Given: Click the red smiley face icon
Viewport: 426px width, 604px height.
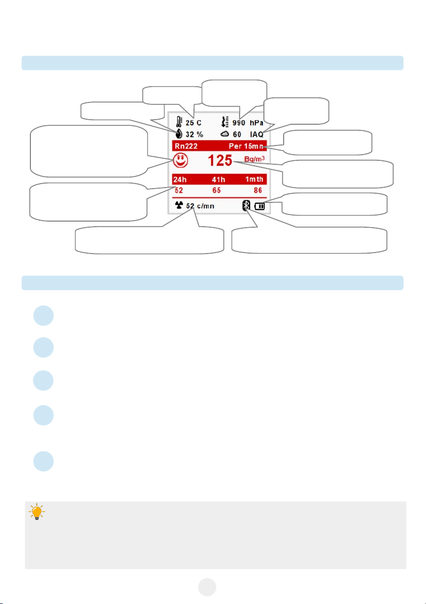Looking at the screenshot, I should tap(180, 161).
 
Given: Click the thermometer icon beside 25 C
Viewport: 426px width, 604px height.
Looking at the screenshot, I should tap(178, 122).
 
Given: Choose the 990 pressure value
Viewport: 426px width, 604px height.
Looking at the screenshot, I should tap(240, 122).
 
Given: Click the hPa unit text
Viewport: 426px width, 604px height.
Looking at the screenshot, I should tap(257, 122).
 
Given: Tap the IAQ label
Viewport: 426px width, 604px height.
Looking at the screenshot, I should tap(256, 135).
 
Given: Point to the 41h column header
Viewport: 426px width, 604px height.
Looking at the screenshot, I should tap(219, 179).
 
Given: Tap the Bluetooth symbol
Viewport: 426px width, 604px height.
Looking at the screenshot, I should tap(247, 206).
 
